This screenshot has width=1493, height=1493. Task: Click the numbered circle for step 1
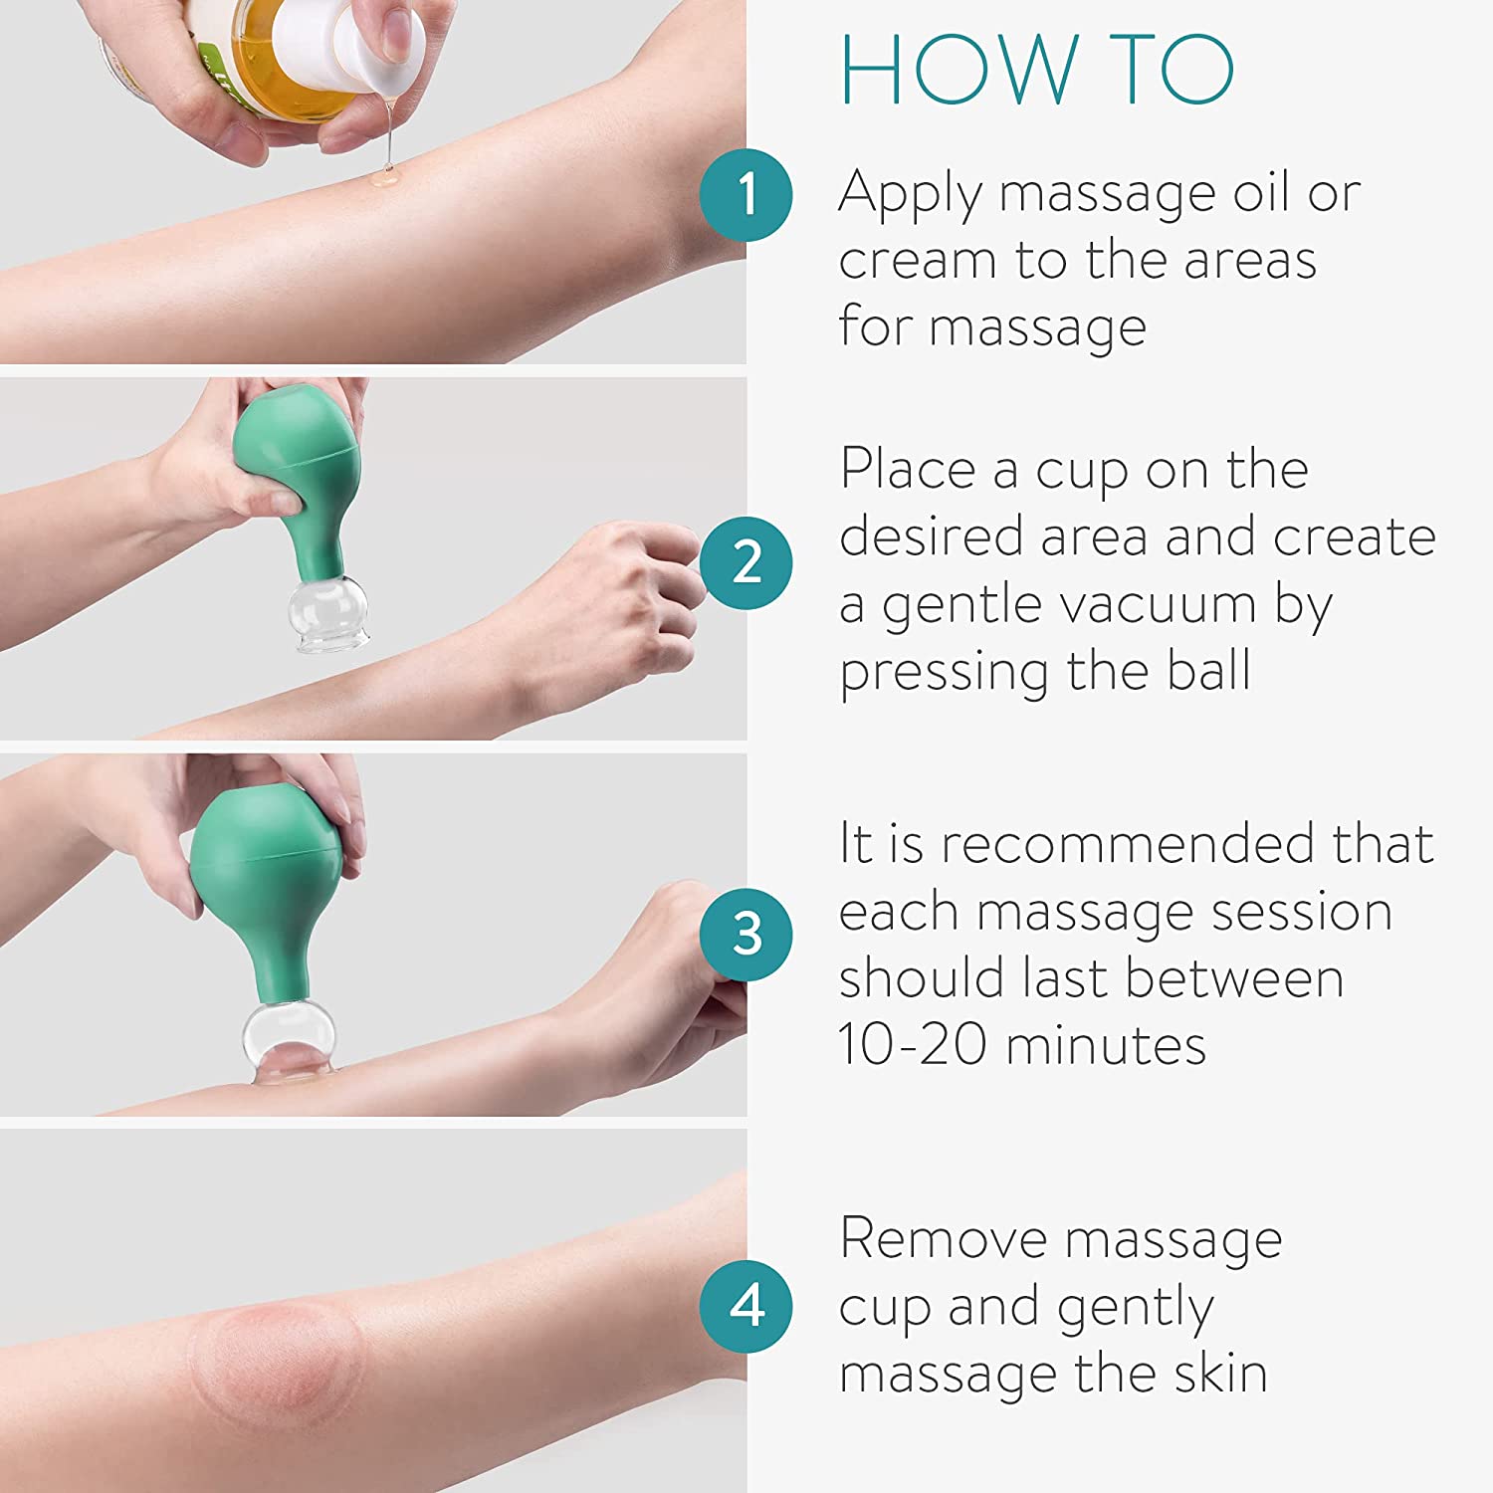(746, 194)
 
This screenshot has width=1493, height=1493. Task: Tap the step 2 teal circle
(746, 562)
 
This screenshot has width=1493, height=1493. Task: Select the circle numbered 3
(746, 934)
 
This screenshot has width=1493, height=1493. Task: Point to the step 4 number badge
(746, 1306)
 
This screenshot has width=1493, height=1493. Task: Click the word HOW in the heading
(959, 70)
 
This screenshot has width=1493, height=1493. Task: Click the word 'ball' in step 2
(1208, 670)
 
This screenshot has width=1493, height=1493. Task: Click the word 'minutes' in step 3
(1106, 1045)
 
